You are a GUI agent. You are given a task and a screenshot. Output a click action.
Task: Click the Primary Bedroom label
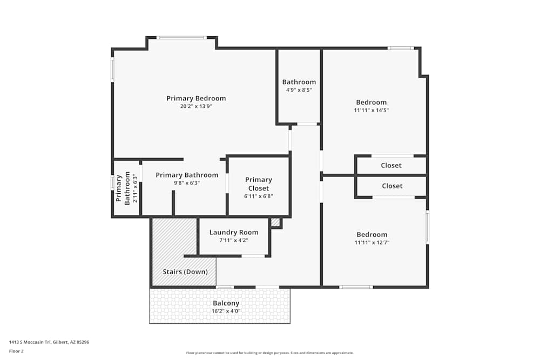tap(196, 98)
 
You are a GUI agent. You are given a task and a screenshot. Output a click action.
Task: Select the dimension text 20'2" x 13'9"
tap(196, 106)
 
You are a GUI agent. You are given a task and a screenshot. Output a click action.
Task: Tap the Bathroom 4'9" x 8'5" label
tap(299, 82)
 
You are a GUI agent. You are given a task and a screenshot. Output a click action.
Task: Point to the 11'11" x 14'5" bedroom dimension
tap(372, 110)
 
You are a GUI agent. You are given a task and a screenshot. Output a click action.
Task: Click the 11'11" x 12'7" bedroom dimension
tap(372, 243)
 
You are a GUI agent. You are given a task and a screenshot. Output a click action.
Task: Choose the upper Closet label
tap(391, 165)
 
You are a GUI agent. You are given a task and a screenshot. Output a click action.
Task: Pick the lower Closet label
tap(392, 186)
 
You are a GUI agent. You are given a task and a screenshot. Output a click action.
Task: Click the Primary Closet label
tap(259, 184)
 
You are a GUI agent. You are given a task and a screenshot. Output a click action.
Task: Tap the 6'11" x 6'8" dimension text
tap(259, 196)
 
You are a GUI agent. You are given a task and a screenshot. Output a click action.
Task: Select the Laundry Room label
tap(234, 232)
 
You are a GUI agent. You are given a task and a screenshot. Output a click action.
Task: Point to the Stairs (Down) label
tap(185, 272)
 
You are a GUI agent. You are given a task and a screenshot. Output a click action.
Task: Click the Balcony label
tap(226, 303)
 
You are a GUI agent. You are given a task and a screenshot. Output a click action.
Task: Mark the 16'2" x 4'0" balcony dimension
tap(226, 311)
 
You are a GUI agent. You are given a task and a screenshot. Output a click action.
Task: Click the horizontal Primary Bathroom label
tap(187, 175)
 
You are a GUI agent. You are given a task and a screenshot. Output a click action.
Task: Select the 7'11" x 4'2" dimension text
tap(234, 240)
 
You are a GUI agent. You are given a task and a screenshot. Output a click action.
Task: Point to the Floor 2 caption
tap(16, 351)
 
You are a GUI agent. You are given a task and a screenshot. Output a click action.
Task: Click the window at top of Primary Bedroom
tap(181, 37)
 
